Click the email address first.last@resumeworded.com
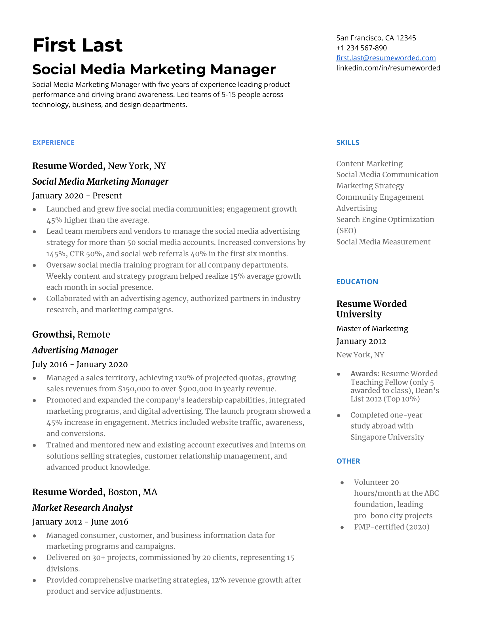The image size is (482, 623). pos(386,58)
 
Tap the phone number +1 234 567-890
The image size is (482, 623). pos(361,48)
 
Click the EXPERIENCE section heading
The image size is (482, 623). pos(53,143)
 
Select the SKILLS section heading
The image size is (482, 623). pos(348,143)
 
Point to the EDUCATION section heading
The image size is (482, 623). pos(357,282)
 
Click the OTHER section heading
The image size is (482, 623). pos(348,461)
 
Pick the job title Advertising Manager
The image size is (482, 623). pos(75,350)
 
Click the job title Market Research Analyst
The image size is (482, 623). pos(82,508)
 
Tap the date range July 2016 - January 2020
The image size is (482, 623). pos(80,364)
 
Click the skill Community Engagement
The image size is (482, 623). pos(380,197)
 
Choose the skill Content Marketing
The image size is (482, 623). pos(369,164)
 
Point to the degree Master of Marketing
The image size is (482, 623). pos(372,328)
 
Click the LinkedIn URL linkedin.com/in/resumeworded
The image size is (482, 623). pos(388,68)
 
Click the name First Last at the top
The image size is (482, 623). pos(77,45)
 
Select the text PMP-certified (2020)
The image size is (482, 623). pos(392,527)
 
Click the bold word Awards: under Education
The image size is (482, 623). pos(365,374)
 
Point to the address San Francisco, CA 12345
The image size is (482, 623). pos(376,38)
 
